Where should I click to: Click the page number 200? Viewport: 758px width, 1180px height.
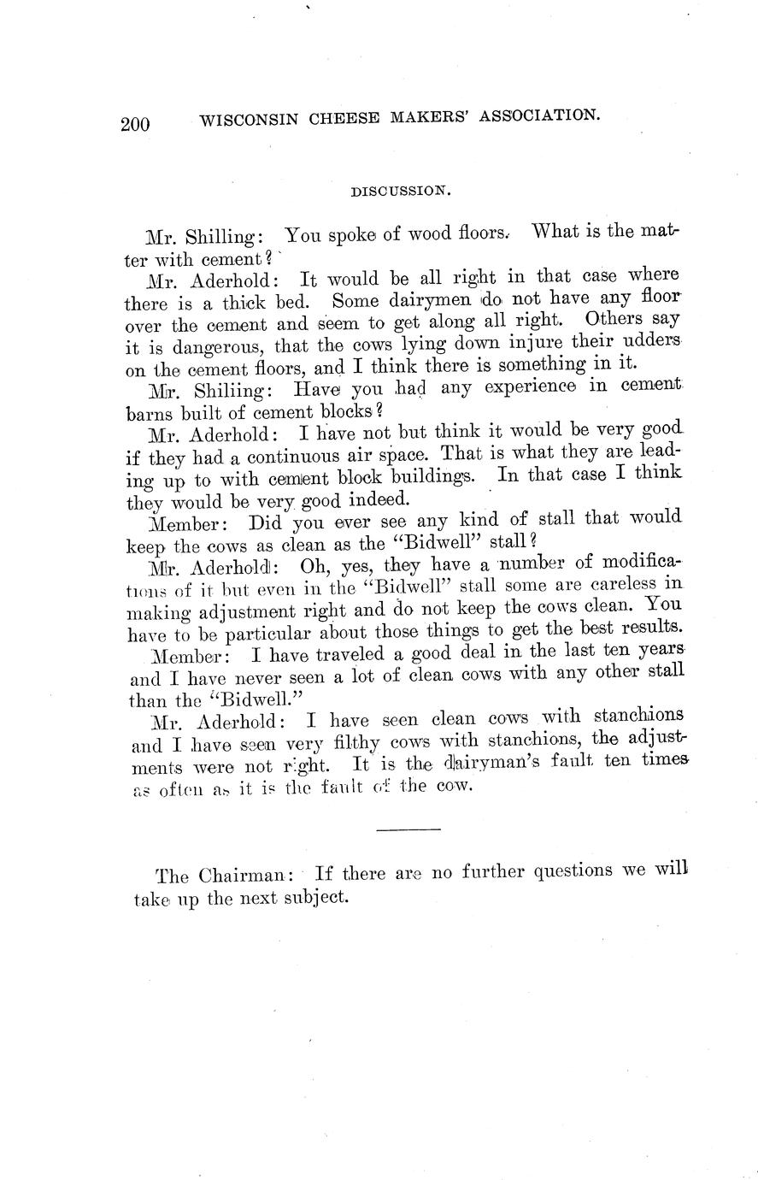coord(135,124)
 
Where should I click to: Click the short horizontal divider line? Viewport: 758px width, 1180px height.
coord(408,829)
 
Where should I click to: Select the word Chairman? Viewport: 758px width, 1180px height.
coord(245,876)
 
